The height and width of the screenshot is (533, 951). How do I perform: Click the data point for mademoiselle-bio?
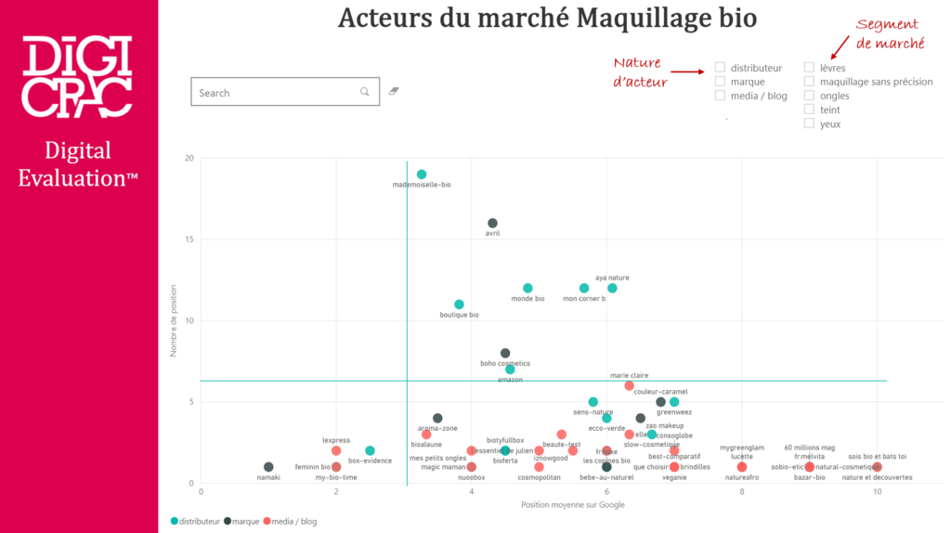[422, 175]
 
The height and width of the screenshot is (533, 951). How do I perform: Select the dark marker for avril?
[492, 223]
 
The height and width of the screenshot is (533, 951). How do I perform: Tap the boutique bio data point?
[459, 305]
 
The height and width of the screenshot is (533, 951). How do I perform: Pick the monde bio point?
[528, 289]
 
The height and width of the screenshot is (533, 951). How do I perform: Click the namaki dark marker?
[268, 467]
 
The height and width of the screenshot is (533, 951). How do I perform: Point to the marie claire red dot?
[629, 385]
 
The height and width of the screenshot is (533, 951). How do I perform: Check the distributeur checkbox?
[720, 68]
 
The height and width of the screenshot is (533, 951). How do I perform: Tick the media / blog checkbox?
[720, 96]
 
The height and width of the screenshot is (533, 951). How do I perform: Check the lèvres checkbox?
[809, 68]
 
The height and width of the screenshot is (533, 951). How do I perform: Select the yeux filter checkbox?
[809, 123]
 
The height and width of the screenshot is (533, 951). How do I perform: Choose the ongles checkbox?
[809, 96]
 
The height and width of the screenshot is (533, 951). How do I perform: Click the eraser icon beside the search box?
[394, 92]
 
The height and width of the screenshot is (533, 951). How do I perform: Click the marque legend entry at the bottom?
[242, 522]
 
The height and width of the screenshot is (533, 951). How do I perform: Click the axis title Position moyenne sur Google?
[573, 505]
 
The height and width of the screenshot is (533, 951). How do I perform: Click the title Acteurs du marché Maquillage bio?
[547, 19]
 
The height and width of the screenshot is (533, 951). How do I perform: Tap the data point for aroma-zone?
[437, 418]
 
